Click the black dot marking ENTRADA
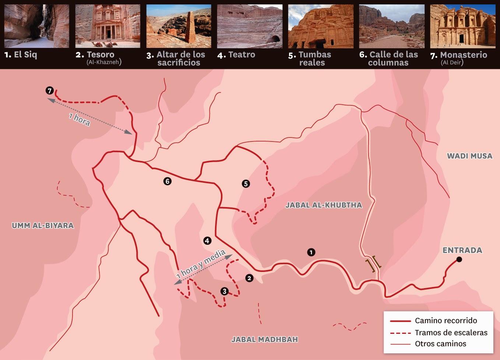coord(459,259)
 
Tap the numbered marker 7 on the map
coord(50,91)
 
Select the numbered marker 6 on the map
coord(168,181)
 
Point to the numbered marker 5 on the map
coord(246,184)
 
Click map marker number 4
coord(207,241)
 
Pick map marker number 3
coord(225,291)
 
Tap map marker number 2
coord(249,278)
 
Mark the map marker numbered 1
coord(311,252)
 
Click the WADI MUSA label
coord(469,156)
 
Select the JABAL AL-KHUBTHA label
coord(324,205)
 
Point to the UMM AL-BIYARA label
coord(43,226)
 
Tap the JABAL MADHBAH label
coord(264,339)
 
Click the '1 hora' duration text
coord(80,119)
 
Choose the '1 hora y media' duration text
coord(201,264)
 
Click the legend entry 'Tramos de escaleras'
coord(451,332)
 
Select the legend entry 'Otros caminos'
coord(440,343)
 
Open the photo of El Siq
coord(36,26)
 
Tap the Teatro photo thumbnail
coord(250,26)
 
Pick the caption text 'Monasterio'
coord(464,55)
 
